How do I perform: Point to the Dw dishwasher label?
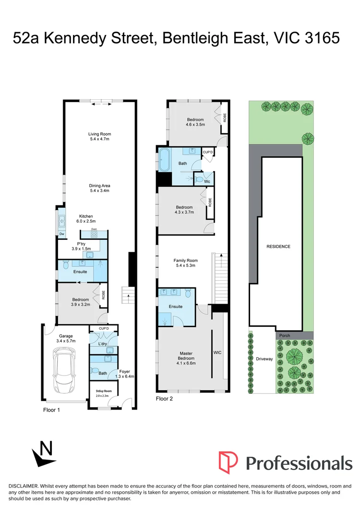tap(62, 234)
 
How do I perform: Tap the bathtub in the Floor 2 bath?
tap(164, 160)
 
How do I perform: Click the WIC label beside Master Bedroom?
tap(217, 353)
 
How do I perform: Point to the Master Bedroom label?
tap(186, 358)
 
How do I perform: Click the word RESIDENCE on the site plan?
tap(278, 247)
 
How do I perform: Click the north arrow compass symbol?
tap(43, 454)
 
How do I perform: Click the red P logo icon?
tap(228, 462)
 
